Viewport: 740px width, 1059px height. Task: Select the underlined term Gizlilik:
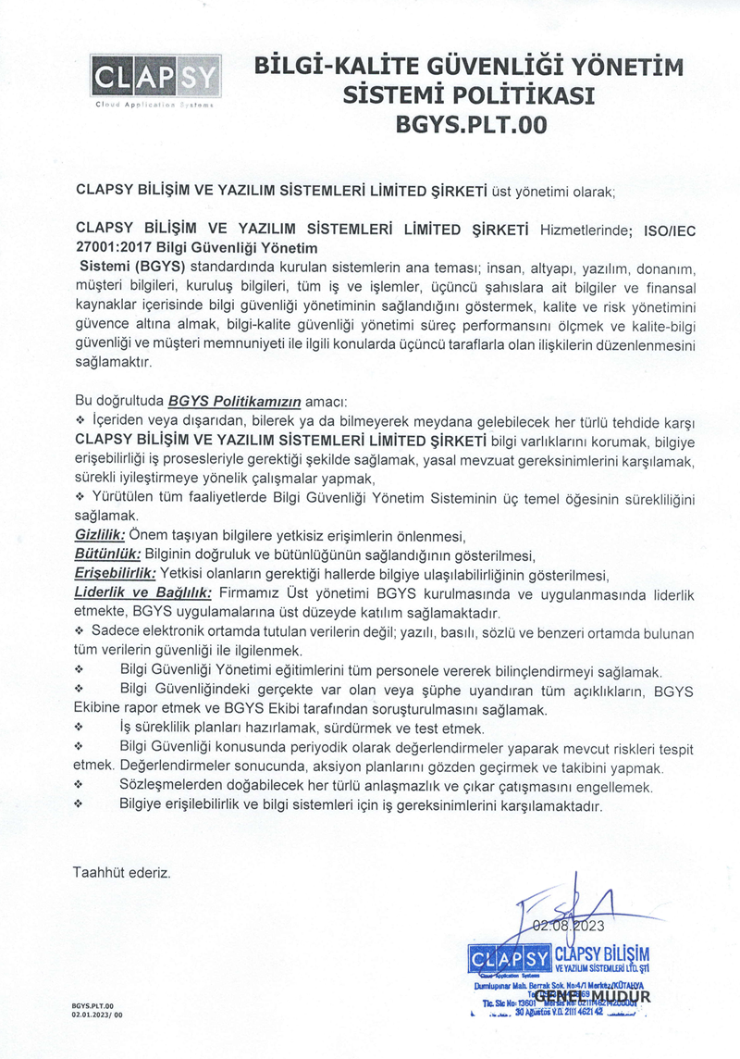[99, 536]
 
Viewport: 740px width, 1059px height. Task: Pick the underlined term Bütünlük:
[106, 554]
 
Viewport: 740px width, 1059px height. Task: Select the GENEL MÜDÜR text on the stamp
[592, 997]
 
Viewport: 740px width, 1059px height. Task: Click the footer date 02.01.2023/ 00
[96, 1015]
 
